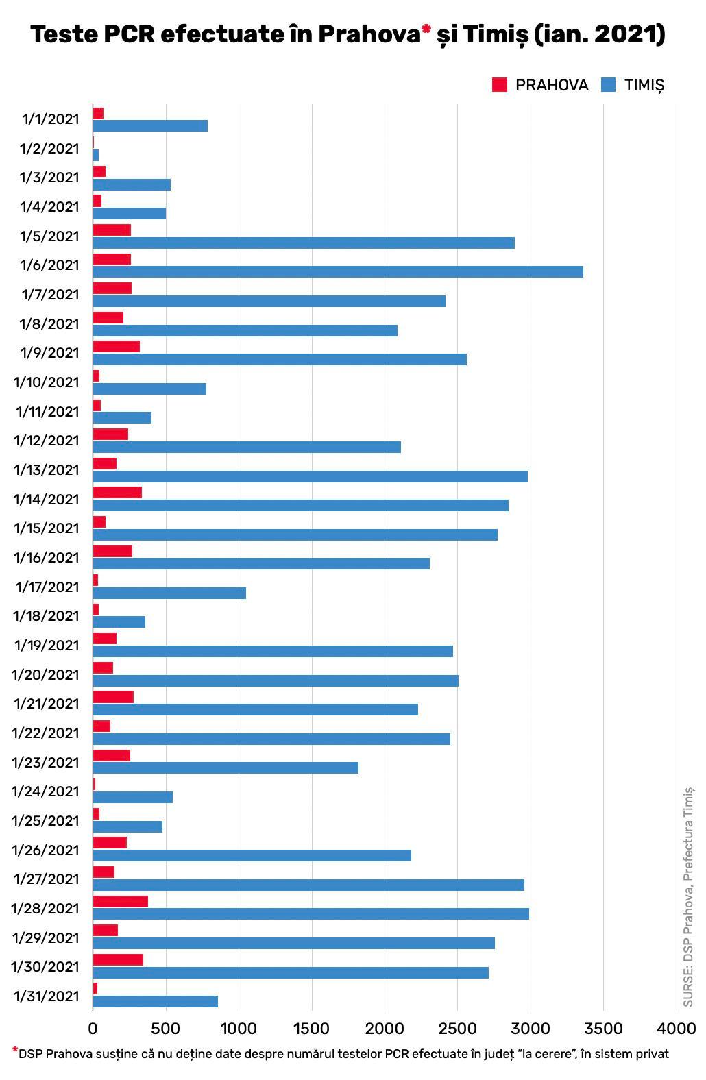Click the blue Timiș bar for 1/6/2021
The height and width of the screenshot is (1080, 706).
tap(338, 271)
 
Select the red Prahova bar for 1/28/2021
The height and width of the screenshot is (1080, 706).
tap(121, 901)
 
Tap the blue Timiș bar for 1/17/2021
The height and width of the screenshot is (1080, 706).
tap(169, 593)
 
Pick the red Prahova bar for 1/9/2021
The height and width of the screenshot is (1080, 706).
tap(117, 346)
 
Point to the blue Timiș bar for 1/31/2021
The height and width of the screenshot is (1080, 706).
tap(156, 1001)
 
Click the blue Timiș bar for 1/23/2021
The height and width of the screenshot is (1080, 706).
tap(226, 768)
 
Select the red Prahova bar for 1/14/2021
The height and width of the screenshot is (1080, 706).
tap(117, 492)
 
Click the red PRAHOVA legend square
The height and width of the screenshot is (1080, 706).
tap(500, 85)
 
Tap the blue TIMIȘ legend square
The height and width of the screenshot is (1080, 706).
tap(608, 85)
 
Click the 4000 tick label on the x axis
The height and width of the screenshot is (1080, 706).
tap(676, 1029)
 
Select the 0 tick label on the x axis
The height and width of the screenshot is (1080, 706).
tap(93, 1029)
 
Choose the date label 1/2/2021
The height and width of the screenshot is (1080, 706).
tap(49, 148)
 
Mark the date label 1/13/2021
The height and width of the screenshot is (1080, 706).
tap(47, 469)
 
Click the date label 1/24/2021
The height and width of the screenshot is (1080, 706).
tap(46, 791)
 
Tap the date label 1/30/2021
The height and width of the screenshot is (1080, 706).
tap(46, 967)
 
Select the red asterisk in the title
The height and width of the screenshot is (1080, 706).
tap(426, 29)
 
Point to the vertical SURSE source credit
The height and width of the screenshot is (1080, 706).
tap(688, 898)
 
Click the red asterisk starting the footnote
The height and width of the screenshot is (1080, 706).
tap(14, 1050)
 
